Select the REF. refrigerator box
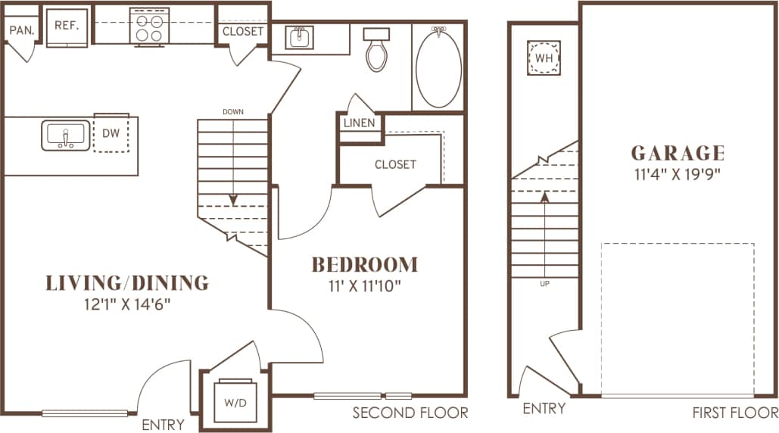[67, 26]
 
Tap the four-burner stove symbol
[148, 26]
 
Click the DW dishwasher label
[111, 133]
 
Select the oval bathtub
[438, 68]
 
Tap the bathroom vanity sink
[301, 37]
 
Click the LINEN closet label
[360, 123]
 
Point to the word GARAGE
[678, 154]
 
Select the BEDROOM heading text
[365, 265]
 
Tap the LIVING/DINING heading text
[127, 283]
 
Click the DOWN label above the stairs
[233, 112]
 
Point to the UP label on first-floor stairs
[544, 284]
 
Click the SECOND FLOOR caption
[410, 413]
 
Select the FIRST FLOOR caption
[734, 413]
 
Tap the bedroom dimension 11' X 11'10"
[365, 285]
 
